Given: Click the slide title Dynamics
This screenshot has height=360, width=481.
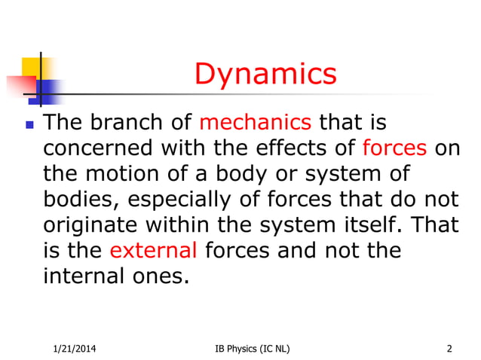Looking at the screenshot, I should [265, 75].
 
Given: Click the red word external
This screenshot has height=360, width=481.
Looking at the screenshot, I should [154, 249].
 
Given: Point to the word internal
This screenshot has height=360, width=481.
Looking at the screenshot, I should [86, 275].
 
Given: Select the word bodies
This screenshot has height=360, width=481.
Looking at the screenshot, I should [77, 198].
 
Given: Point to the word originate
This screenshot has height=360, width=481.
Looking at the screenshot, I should [89, 224].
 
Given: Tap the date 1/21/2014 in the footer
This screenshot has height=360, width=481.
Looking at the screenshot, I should [73, 348].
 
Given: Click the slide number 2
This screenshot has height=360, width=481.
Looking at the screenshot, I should [449, 348].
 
